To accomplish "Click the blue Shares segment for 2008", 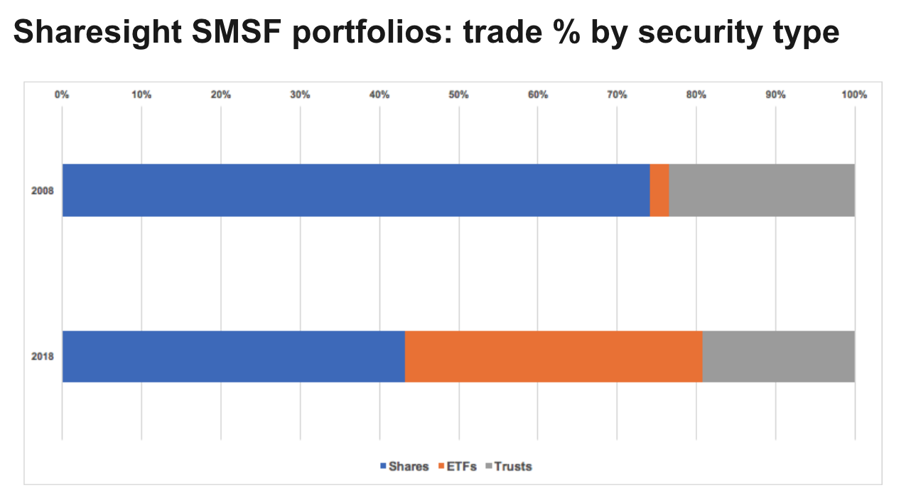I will coord(355,190).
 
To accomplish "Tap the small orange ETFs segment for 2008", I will coord(659,190).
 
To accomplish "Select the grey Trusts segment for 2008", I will coord(761,190).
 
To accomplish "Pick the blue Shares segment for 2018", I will coord(233,356).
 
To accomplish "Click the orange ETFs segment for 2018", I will coord(554,356).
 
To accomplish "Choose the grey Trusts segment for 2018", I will coord(778,356).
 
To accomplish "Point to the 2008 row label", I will coord(43,191).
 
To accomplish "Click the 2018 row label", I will coord(43,357).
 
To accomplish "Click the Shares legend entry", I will coord(404,466).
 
